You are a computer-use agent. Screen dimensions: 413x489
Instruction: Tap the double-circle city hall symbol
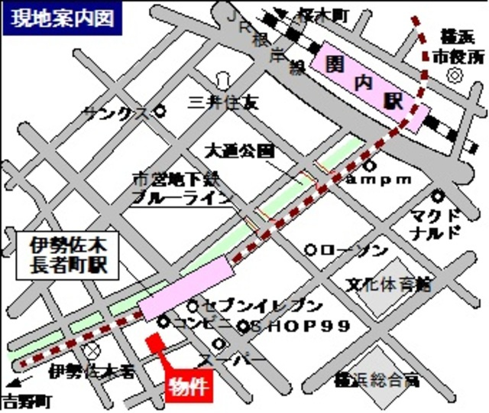456,75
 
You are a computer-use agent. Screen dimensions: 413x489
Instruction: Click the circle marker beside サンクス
160,111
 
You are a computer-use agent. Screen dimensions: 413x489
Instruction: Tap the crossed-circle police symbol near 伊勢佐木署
92,350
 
